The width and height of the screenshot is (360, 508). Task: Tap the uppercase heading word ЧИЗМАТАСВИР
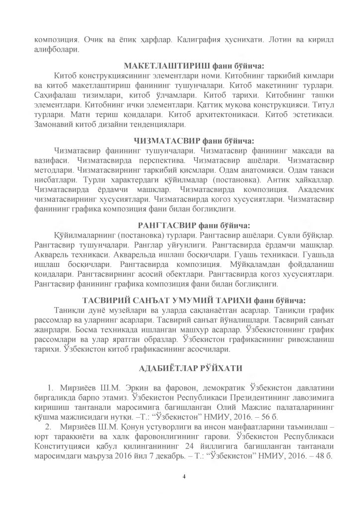click(164, 140)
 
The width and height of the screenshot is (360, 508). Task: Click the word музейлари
click(113, 311)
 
